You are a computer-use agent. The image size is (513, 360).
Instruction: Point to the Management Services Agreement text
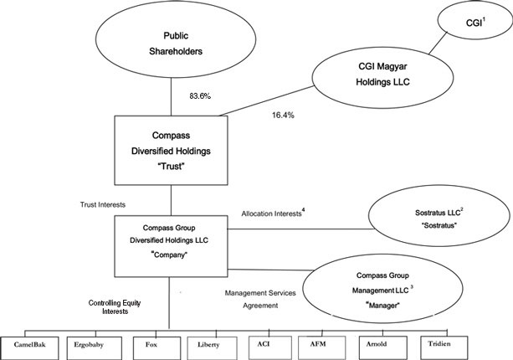tap(256, 299)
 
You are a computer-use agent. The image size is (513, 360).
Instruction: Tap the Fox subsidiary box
tap(151, 343)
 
